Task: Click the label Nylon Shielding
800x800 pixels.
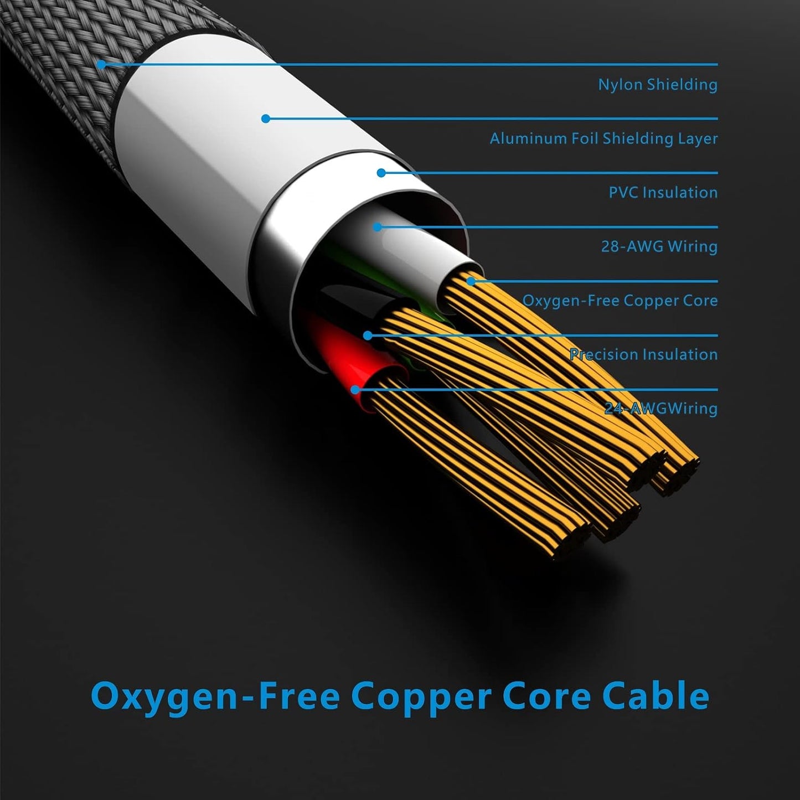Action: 658,85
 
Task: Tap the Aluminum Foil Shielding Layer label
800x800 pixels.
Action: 603,138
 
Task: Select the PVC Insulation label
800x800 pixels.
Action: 663,193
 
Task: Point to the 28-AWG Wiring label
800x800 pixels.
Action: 659,246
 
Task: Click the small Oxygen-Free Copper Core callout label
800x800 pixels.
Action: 620,301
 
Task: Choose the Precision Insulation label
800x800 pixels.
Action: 643,354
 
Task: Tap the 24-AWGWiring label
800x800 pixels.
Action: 661,409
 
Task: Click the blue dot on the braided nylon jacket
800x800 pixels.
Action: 101,64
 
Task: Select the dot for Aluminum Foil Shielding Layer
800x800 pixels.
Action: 266,118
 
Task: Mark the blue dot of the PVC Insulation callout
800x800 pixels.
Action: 381,173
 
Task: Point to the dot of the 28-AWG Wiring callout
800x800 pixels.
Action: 378,227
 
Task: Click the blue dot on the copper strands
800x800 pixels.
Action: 471,281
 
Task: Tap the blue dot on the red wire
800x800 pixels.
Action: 355,389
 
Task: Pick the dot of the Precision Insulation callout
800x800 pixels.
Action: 368,336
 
